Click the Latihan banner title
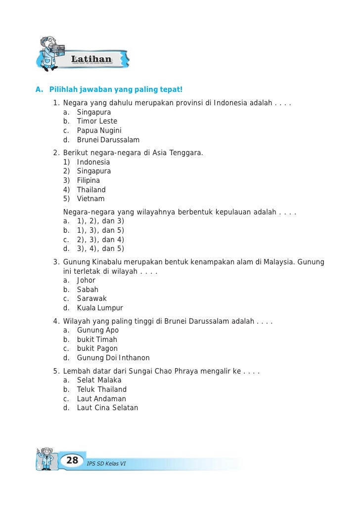[x=91, y=59]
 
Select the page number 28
[x=72, y=461]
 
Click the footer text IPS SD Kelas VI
[x=106, y=464]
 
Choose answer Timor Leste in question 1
[x=97, y=121]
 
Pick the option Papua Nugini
[x=99, y=130]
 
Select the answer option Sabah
[x=88, y=290]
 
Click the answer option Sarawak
[x=91, y=298]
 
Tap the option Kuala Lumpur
[x=100, y=308]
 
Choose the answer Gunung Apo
[x=98, y=330]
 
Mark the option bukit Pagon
[x=97, y=348]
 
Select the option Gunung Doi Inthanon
[x=113, y=358]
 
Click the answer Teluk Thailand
[x=102, y=389]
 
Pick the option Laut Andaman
[x=101, y=399]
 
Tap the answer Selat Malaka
[x=99, y=380]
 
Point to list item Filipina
[x=89, y=180]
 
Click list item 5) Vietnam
[x=90, y=199]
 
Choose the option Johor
[x=86, y=280]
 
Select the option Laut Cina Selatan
[x=107, y=408]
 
